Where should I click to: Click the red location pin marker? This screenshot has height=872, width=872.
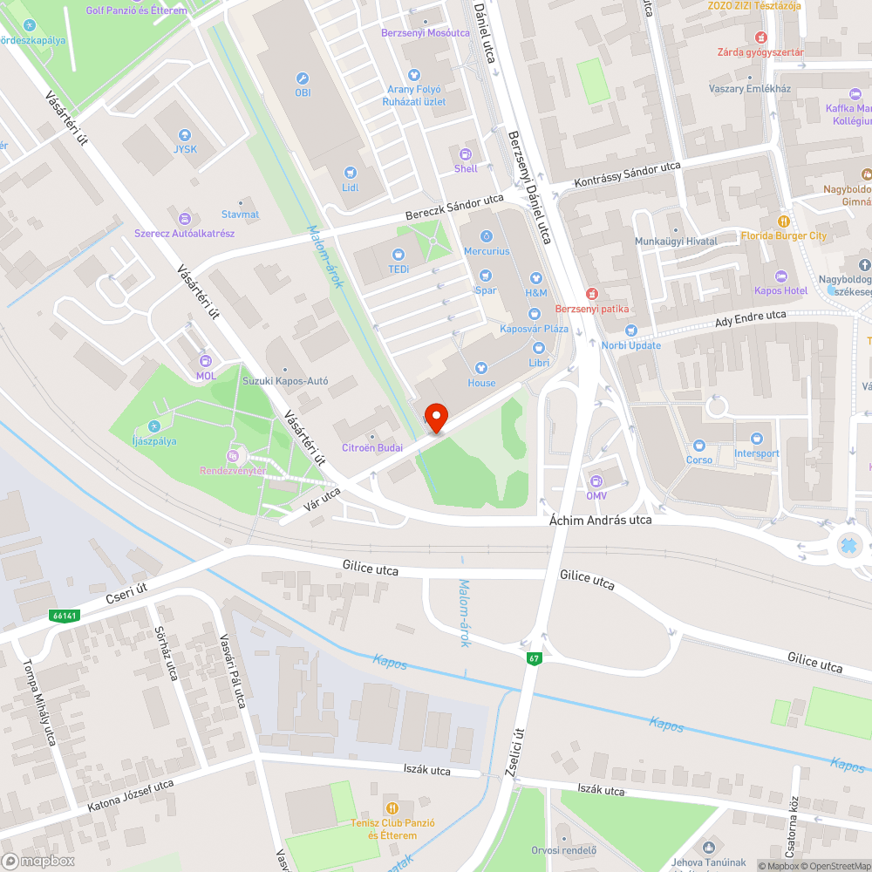coord(435,417)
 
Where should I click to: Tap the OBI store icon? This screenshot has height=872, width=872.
coord(303,78)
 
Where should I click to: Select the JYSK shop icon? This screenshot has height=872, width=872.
coord(185,135)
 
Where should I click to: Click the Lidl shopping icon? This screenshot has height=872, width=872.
coord(351,174)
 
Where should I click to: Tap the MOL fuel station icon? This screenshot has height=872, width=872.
coord(206,361)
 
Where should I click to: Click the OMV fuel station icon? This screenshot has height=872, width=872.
coord(596,481)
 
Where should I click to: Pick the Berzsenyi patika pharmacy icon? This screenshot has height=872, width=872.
coord(592,294)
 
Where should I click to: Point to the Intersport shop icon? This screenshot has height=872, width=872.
coord(756,439)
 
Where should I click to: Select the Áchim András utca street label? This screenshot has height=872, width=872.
coord(601,520)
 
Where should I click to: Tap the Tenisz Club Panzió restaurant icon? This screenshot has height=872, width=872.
coord(392,808)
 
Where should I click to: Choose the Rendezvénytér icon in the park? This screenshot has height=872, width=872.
coord(232,456)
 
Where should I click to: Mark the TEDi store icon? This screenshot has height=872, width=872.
coord(399,255)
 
